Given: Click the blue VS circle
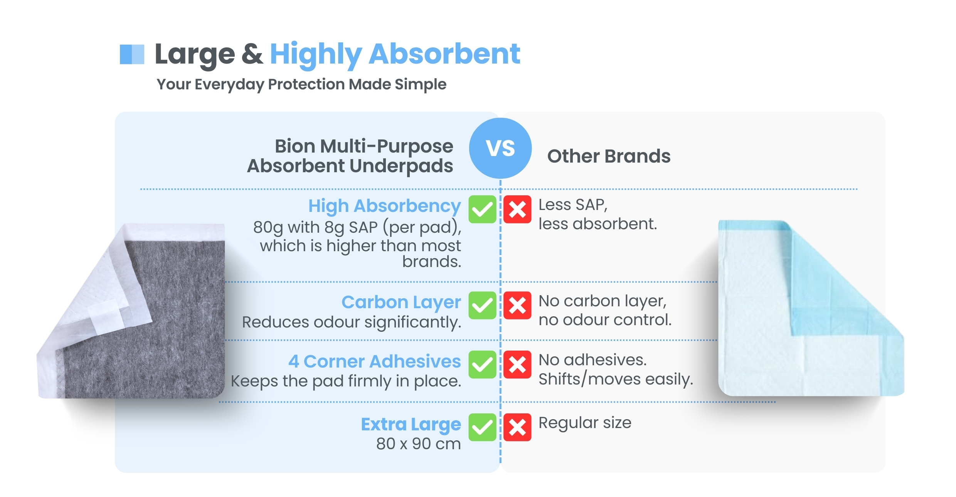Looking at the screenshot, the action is pos(500,148).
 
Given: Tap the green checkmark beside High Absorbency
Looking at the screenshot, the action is pos(482,209).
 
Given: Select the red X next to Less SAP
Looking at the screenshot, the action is pos(517,209).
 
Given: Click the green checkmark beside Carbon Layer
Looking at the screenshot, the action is pos(482,306).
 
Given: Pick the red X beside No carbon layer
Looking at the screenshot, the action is pos(517,306).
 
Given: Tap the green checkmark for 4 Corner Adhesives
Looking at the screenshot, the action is pos(482,364).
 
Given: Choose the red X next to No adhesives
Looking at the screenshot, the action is pos(517,364).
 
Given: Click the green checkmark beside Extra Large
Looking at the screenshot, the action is pos(482,427).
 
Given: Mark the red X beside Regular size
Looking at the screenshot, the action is pos(517,427).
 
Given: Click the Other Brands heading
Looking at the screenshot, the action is pos(609,156).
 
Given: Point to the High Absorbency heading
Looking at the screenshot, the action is pos(384,207).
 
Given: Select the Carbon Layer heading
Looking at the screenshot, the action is pos(401,303).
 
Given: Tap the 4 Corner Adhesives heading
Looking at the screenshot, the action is pos(374,361).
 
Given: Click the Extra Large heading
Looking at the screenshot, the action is pos(411,425).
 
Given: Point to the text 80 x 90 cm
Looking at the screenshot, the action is pos(419,444).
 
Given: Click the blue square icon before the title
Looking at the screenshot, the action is pos(132,54).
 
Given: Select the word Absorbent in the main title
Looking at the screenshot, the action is pos(444,54).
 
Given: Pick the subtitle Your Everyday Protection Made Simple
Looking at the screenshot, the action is pos(301,84).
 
